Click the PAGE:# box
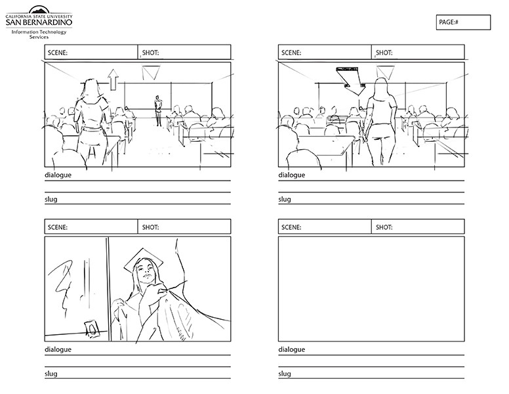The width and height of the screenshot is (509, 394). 463,22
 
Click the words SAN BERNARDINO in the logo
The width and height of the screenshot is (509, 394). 39,22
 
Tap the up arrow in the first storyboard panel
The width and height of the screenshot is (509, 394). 113,79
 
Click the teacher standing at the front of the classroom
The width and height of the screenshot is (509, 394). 158,111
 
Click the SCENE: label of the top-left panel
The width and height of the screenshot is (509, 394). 58,53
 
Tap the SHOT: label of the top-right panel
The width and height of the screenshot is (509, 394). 384,53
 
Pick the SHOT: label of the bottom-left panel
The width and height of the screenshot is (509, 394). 150,227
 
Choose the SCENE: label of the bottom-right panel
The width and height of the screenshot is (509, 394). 291,227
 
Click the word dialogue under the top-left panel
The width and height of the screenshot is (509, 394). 58,175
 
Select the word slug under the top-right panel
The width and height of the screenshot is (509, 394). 285,199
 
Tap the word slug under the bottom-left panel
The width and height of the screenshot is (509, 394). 51,374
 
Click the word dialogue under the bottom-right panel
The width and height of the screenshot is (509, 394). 291,349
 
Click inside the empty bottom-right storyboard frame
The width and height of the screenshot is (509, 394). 371,289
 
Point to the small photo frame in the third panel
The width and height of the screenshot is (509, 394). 92,329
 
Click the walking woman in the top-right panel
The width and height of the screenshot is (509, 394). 380,122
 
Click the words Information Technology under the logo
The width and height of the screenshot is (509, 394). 39,32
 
